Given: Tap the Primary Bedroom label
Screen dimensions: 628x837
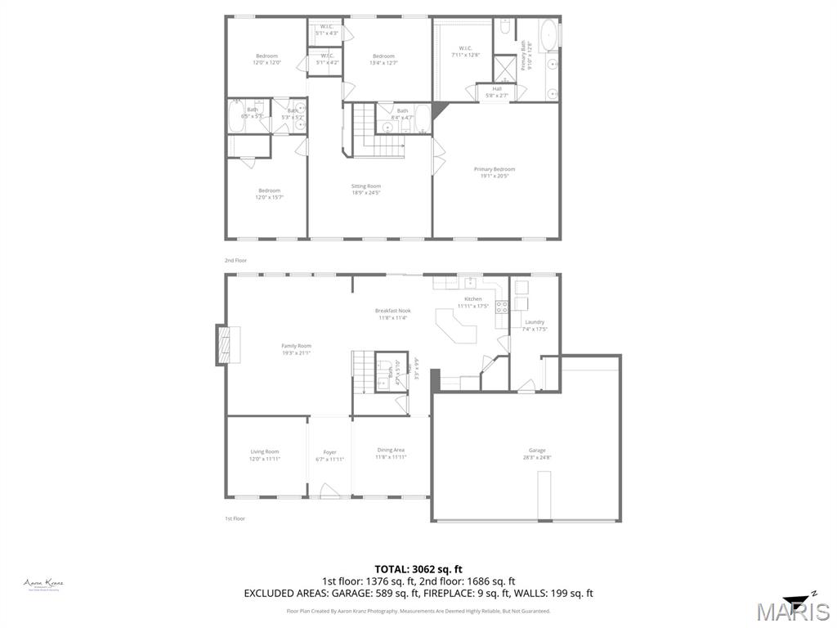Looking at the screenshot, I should click(495, 173).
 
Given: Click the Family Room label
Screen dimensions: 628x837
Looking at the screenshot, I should click(296, 349).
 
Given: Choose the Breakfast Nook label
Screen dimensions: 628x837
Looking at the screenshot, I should click(392, 314).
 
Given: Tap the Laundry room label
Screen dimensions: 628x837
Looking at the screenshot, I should click(535, 325).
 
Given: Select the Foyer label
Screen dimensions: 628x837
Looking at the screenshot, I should click(329, 455).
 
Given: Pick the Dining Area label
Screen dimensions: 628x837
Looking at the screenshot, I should click(391, 453).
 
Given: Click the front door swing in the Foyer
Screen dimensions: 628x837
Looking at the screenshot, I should click(329, 491).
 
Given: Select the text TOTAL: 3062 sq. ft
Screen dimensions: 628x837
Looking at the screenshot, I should click(418, 569).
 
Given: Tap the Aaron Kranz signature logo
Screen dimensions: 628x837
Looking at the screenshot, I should click(43, 584).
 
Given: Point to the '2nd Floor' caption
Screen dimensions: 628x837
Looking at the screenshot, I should click(235, 260).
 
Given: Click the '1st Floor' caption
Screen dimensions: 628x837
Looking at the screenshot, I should click(235, 518).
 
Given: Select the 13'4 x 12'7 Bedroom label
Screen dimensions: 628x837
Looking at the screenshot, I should click(384, 59).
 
